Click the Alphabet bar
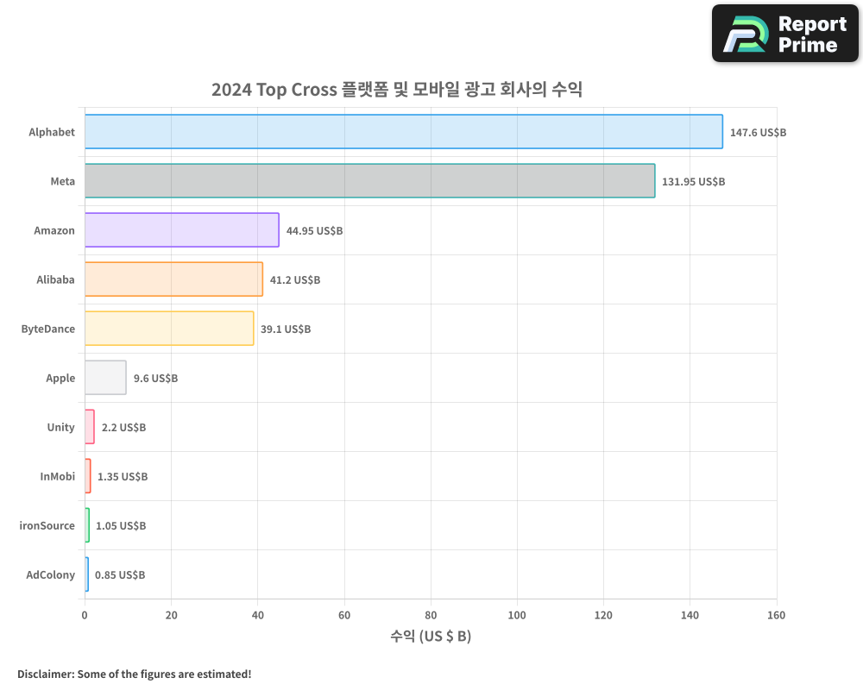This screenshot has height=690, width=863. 403,132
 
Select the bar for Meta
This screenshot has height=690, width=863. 369,181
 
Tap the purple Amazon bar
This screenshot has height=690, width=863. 181,230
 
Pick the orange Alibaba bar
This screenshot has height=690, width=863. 173,279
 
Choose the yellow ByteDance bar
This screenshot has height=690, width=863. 169,329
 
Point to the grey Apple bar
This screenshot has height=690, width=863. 105,378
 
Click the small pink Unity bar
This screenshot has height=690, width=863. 90,427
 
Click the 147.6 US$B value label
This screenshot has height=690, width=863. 758,133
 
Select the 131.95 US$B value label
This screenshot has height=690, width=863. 693,182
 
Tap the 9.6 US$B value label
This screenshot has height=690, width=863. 155,379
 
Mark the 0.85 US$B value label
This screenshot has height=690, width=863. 120,575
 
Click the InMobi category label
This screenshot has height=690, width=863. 58,476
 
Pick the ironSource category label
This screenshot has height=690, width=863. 47,525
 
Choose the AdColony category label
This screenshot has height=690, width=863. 51,574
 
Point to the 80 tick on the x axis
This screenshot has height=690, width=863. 431,615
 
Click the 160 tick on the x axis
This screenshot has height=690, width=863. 776,615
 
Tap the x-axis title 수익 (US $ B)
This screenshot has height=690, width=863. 431,637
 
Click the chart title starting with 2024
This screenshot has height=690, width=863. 397,90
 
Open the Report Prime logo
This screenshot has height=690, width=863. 785,34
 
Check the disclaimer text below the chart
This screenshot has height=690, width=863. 135,674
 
